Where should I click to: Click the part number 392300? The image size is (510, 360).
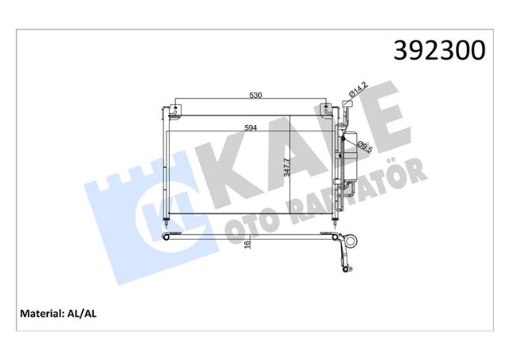point(437,51)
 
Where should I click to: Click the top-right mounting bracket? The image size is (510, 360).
point(327,109)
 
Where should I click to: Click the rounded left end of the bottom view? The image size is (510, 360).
point(165,237)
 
